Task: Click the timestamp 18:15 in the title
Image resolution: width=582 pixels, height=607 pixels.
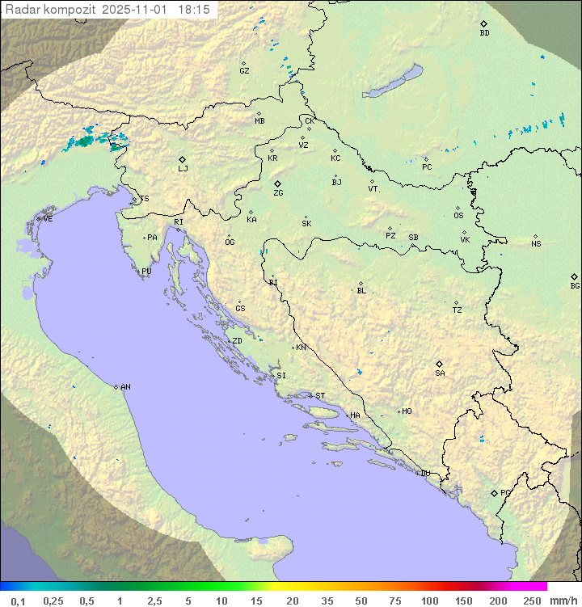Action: (194, 8)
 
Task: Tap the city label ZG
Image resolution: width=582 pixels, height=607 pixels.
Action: (278, 193)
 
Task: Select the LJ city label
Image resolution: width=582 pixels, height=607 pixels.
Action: (183, 168)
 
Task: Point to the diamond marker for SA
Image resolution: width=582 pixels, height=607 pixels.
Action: (440, 364)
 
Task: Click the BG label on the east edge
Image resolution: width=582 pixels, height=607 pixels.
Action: (575, 285)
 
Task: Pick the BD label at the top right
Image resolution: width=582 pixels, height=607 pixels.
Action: (484, 33)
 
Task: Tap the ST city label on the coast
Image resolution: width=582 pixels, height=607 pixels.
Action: (320, 395)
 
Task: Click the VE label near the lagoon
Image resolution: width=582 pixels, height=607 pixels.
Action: (48, 219)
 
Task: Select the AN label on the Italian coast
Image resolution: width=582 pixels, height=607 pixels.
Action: (125, 387)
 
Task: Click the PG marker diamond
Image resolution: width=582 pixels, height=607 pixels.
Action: (494, 492)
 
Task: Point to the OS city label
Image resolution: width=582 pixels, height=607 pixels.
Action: (458, 216)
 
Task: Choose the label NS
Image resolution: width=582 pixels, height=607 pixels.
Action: (536, 244)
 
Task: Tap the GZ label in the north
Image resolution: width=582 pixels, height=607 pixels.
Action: (244, 70)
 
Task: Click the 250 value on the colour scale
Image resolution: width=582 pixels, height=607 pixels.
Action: (532, 601)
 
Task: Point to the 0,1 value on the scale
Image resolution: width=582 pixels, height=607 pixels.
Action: (18, 601)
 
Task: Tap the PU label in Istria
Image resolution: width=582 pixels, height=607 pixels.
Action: (146, 272)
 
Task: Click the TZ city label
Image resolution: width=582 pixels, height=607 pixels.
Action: (458, 310)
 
